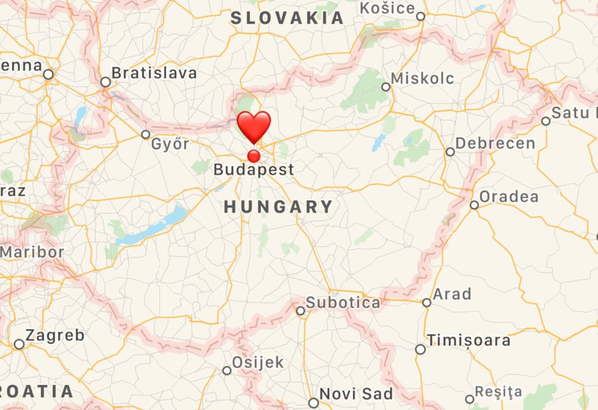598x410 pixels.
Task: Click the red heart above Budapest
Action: (254, 126)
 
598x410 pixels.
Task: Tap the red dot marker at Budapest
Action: (254, 156)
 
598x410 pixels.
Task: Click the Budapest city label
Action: (253, 170)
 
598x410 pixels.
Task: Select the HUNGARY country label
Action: (279, 207)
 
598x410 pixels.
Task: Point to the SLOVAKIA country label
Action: (288, 18)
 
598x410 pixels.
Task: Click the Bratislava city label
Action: (154, 73)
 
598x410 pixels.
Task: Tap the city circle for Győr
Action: (146, 134)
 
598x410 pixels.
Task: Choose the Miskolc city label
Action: (422, 78)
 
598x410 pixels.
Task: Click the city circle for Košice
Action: (420, 16)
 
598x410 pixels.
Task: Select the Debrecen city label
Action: (495, 143)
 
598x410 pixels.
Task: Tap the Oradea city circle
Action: (474, 205)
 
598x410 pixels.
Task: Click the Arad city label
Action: (452, 294)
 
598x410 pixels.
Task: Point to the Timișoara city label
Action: (468, 340)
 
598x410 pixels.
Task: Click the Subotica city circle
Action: (301, 311)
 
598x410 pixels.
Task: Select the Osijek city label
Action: (258, 363)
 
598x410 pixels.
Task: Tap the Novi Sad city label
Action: (356, 394)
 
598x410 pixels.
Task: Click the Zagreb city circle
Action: (19, 345)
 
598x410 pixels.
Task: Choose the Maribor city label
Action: (32, 252)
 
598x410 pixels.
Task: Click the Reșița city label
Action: (498, 392)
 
